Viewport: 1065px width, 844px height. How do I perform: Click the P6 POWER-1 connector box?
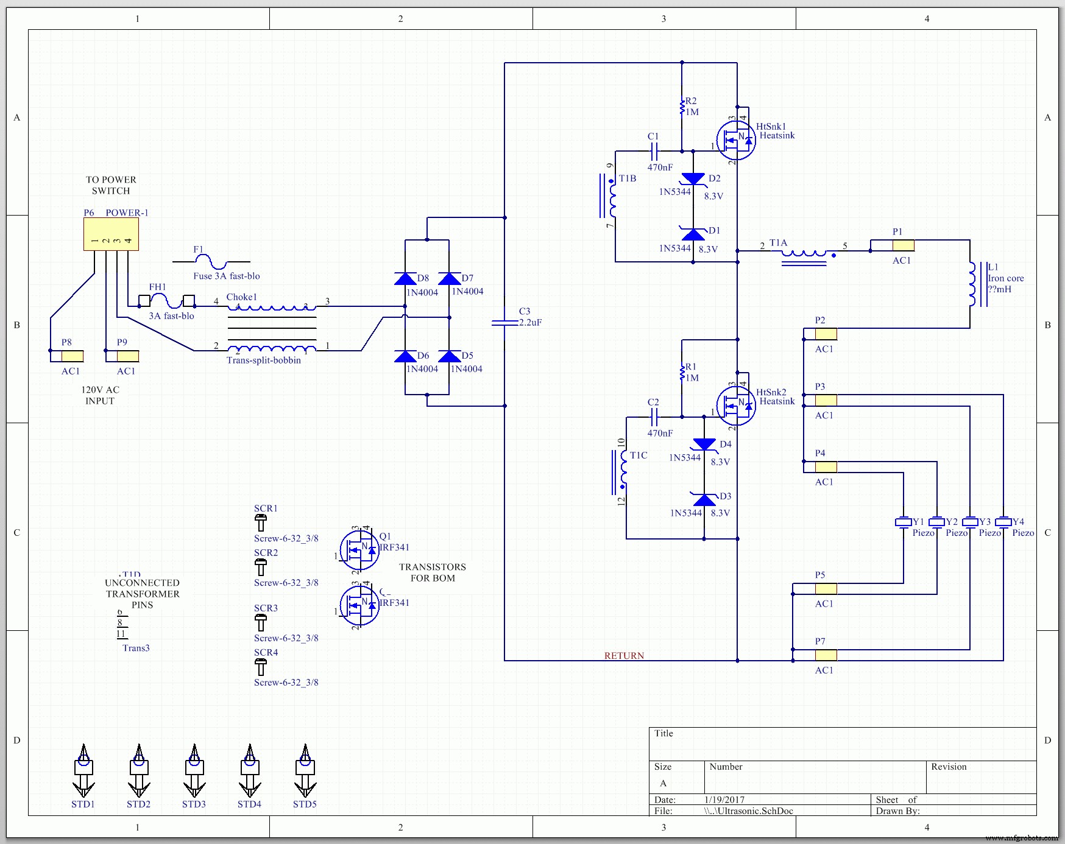[x=111, y=234]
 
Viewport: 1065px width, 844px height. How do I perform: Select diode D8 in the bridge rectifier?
[x=405, y=280]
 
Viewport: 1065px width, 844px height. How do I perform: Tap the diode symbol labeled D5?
[x=449, y=357]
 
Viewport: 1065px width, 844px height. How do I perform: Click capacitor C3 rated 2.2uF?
[x=504, y=322]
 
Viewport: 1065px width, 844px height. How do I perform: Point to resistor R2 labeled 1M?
[x=682, y=107]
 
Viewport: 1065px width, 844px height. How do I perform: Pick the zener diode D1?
[x=693, y=234]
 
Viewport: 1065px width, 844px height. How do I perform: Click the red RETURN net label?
[x=624, y=656]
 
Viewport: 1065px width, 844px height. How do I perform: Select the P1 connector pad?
[x=903, y=245]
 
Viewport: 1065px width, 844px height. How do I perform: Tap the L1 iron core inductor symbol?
[x=973, y=284]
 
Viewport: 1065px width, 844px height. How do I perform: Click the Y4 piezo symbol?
[x=1003, y=522]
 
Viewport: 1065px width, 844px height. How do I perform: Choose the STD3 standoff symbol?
[x=194, y=772]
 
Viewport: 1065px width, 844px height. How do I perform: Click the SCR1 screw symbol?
[x=260, y=522]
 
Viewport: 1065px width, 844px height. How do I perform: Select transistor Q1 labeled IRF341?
[x=359, y=550]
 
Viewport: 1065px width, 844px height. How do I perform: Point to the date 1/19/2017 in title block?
[x=724, y=800]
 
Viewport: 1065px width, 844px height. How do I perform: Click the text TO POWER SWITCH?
[x=111, y=185]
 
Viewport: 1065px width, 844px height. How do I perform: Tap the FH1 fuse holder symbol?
[x=166, y=300]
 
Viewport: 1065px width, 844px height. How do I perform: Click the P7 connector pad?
[x=826, y=655]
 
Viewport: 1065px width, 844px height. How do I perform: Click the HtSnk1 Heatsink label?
[x=776, y=131]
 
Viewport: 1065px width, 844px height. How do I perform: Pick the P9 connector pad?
[x=127, y=356]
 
